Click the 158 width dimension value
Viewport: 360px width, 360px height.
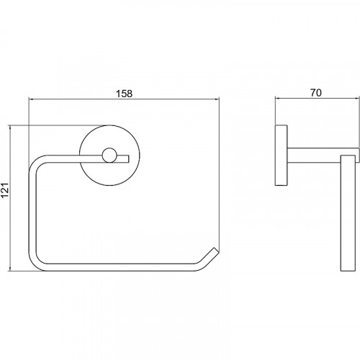click(x=124, y=94)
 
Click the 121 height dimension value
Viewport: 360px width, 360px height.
click(x=5, y=190)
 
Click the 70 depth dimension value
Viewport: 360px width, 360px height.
click(x=316, y=93)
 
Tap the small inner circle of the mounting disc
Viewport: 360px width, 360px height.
click(x=109, y=155)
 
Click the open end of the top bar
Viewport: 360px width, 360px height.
click(x=129, y=158)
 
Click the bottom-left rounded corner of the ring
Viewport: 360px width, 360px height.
click(x=35, y=264)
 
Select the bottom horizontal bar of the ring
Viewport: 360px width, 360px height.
click(x=120, y=268)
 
